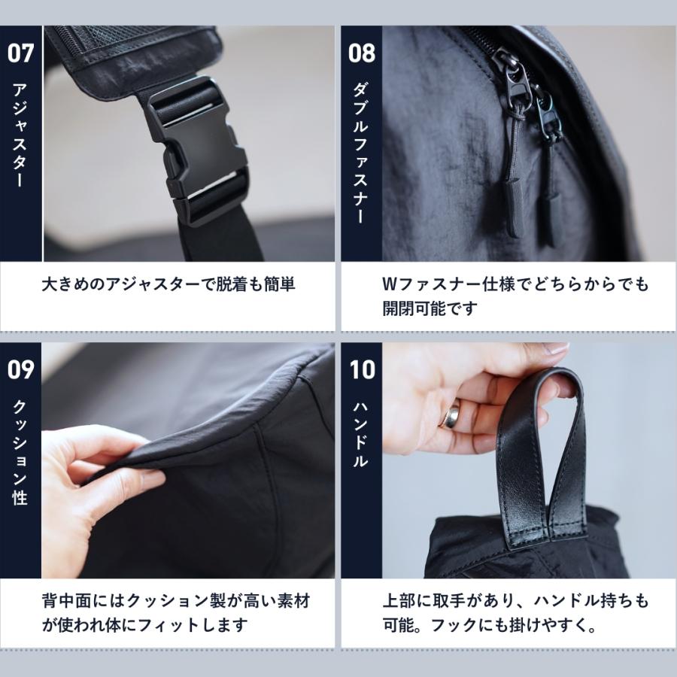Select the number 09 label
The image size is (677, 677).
pos(20,370)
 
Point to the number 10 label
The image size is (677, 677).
pos(361,370)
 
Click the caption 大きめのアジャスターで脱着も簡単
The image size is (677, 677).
pos(168,285)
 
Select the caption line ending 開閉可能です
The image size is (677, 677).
pos(430,308)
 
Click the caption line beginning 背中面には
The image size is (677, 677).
pos(175,601)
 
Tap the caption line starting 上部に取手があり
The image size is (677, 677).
pos(515,601)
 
